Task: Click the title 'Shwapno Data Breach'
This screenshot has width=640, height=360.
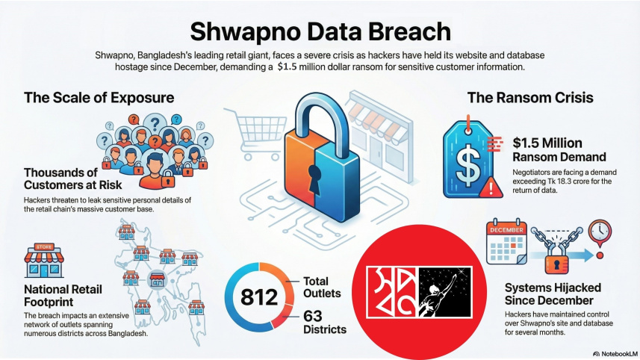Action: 320,31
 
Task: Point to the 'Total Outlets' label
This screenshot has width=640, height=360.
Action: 321,288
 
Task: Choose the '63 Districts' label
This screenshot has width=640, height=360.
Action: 324,322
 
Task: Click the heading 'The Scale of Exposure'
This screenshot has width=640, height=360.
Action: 99,97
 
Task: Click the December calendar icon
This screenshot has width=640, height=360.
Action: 508,243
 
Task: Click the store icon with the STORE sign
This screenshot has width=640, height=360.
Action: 44,261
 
